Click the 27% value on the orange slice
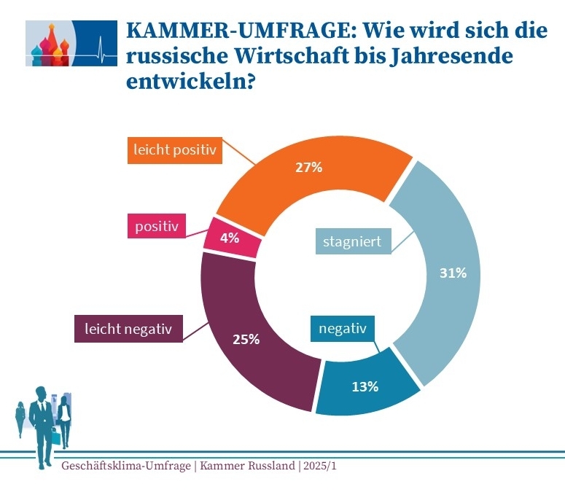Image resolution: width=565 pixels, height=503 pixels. coord(309,168)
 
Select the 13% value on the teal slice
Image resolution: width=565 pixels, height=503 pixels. coord(365,386)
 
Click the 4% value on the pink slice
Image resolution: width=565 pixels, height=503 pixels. coord(229,238)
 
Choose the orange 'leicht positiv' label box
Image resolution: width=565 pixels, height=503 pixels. coord(175,151)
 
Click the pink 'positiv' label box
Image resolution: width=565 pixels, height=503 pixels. coord(156,227)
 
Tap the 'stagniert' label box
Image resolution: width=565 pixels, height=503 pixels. coord(352,241)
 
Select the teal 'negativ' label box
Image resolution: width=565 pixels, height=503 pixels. coord(342,329)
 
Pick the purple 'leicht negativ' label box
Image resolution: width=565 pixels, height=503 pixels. coord(128,329)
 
